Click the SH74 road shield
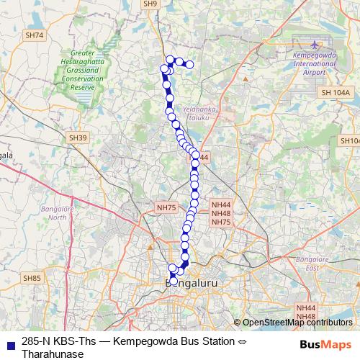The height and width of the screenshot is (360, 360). [x=34, y=35]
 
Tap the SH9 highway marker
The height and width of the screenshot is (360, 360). [x=150, y=4]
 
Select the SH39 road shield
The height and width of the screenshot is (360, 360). [x=77, y=138]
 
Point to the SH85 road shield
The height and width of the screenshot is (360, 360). [x=32, y=278]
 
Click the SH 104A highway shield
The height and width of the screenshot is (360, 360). [x=336, y=92]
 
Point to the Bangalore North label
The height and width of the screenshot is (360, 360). [x=53, y=212]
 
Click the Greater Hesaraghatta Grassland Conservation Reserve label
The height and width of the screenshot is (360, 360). [x=84, y=69]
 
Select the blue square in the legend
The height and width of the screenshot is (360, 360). [x=9, y=343]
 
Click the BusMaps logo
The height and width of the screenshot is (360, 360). [x=324, y=344]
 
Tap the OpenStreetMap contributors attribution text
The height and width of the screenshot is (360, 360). [x=297, y=323]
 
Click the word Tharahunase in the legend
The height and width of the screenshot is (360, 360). [x=53, y=354]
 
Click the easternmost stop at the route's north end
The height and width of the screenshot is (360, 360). [x=190, y=65]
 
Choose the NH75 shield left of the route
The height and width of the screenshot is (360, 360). [x=166, y=207]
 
